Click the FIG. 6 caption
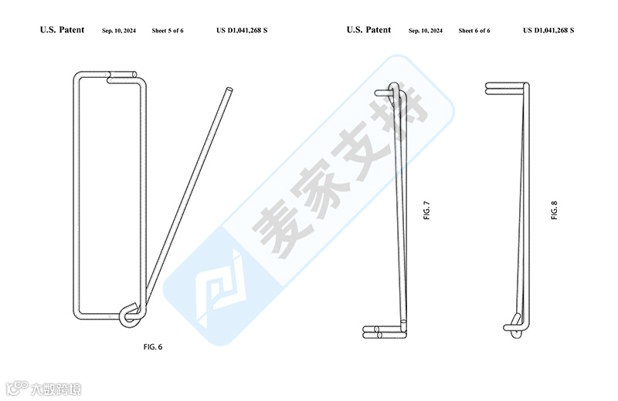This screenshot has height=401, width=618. (152, 346)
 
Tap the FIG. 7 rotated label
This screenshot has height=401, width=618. (426, 210)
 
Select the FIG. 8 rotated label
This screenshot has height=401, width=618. (554, 210)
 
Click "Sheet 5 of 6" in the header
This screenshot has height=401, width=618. (174, 31)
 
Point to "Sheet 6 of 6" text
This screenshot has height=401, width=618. (474, 31)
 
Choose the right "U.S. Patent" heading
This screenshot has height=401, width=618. (368, 30)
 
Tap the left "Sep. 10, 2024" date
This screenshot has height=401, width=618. (119, 31)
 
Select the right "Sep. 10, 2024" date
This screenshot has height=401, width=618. (426, 31)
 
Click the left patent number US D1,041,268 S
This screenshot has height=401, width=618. (242, 31)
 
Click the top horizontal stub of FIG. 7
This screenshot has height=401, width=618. (384, 92)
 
